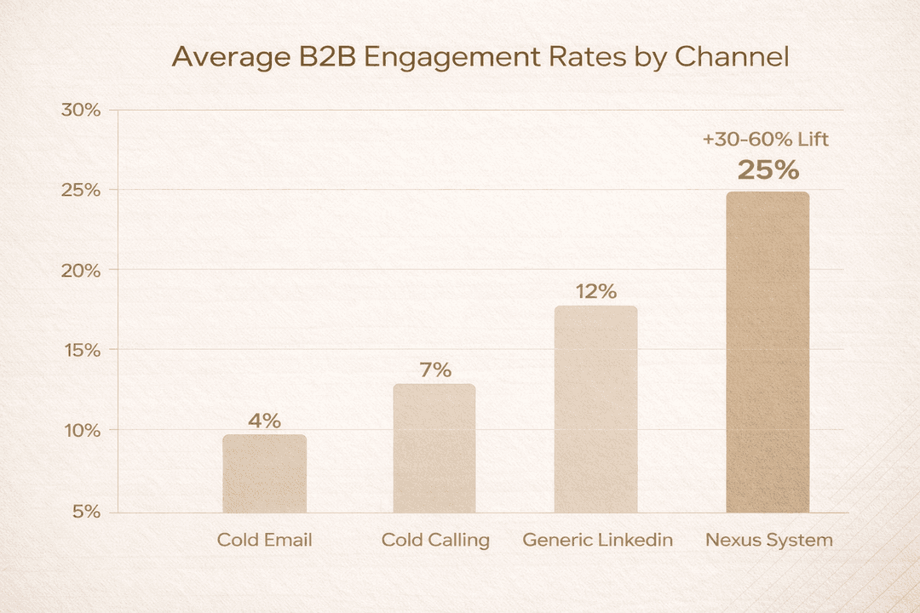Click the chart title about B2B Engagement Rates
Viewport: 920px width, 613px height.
tap(480, 57)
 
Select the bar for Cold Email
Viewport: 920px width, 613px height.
tap(264, 473)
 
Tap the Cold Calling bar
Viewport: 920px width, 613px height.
tap(434, 448)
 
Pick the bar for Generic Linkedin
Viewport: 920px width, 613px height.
tap(595, 409)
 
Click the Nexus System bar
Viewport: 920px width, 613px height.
tap(768, 352)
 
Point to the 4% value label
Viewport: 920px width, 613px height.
tap(264, 421)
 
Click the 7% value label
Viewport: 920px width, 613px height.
tap(434, 370)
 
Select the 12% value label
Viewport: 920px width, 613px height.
tap(595, 291)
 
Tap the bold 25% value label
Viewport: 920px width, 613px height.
tap(768, 171)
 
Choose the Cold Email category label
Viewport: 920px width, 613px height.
tap(264, 540)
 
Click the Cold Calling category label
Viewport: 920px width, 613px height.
tap(435, 540)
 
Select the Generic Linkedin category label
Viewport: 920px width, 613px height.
tap(597, 540)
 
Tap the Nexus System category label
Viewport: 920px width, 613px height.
tap(769, 540)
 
